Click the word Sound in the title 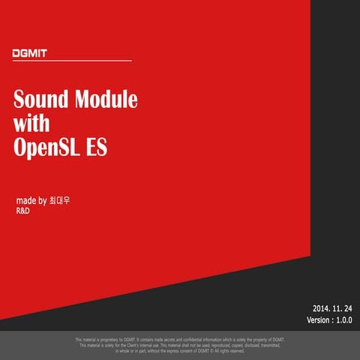coord(41,100)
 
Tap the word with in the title coord(31,123)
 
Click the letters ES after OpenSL coord(97,147)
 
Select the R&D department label coord(23,211)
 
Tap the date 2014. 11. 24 coord(332,307)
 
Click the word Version coord(320,320)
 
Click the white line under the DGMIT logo coord(72,61)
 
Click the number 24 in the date coord(347,307)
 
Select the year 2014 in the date coord(320,307)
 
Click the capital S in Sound coord(19,100)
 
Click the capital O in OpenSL coord(20,147)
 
